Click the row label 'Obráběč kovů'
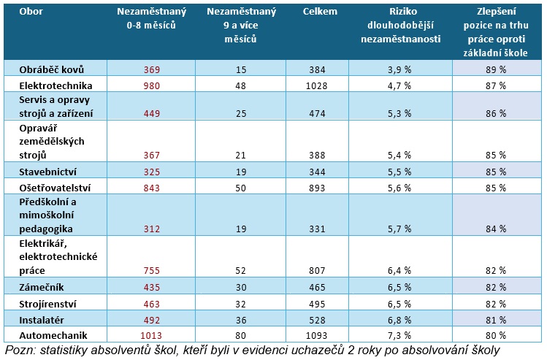[52, 69]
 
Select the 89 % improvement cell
[497, 69]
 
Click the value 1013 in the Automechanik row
[150, 335]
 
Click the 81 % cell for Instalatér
[497, 319]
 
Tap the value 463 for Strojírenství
[150, 302]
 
